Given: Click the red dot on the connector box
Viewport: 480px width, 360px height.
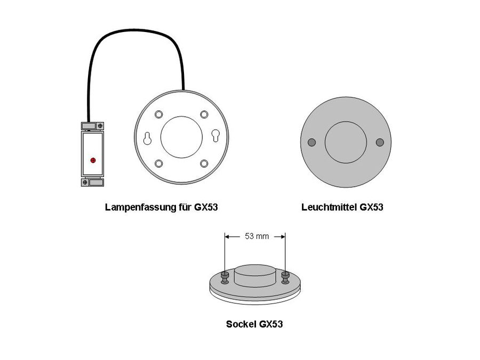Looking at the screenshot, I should (x=93, y=159).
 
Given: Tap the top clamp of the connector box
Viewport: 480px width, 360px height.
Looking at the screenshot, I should (x=92, y=126).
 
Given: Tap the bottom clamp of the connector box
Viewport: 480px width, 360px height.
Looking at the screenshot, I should (x=92, y=182).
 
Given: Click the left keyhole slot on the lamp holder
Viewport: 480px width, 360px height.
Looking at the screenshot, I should (x=147, y=138).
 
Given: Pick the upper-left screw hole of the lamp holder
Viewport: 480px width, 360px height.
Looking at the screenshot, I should (x=158, y=115).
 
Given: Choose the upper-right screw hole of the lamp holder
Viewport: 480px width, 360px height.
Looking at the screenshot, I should (x=204, y=115).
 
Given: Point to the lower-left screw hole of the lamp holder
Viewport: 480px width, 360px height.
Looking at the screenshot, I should (x=158, y=163).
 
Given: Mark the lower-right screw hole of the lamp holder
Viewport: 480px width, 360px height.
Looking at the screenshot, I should (x=204, y=163).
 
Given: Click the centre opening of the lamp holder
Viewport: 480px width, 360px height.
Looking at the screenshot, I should (x=181, y=137).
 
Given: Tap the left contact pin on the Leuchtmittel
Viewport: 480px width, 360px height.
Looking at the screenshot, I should (x=312, y=142).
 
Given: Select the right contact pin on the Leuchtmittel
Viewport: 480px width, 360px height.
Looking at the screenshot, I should (x=380, y=142).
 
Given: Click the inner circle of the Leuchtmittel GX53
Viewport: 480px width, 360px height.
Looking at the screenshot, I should (x=346, y=142).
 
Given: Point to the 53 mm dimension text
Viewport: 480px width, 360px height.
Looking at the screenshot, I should (x=257, y=236).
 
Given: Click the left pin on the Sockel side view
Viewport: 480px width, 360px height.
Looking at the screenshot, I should (x=225, y=276).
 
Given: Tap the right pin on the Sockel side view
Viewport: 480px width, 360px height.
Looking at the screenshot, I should (x=286, y=276).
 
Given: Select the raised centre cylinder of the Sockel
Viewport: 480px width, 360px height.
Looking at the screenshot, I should (x=255, y=275).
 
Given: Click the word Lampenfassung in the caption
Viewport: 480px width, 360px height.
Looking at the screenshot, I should (x=139, y=207).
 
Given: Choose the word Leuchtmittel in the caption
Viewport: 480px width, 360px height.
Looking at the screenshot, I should (x=329, y=207).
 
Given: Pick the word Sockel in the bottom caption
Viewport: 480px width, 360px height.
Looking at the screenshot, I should (x=241, y=324).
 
